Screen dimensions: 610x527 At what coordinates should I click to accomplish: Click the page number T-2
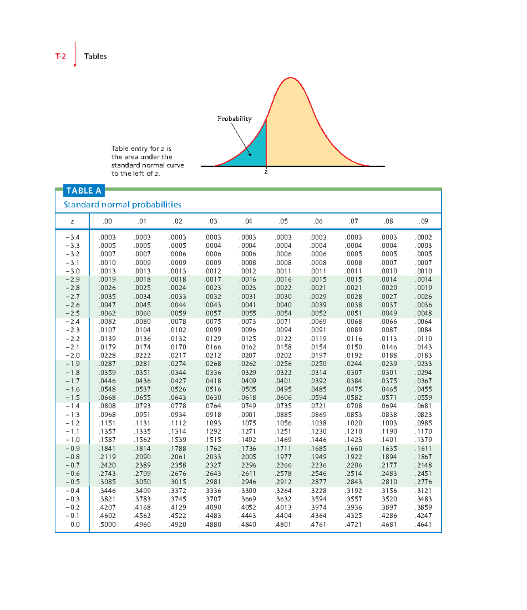(x=61, y=56)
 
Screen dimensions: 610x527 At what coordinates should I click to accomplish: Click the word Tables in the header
(x=95, y=56)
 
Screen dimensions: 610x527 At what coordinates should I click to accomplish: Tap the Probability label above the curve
(x=235, y=119)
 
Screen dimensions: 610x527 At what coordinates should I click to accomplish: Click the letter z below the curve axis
(x=266, y=172)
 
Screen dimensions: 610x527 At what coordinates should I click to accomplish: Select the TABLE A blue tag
(x=84, y=191)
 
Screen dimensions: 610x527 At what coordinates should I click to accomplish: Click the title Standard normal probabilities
(x=123, y=205)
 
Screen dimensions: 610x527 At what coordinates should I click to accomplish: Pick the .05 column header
(x=283, y=221)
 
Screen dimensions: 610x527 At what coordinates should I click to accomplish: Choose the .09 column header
(x=423, y=221)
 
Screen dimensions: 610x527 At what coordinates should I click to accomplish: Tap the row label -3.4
(x=72, y=237)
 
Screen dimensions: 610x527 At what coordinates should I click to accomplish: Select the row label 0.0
(x=75, y=524)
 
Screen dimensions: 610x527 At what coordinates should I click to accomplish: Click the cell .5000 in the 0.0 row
(x=108, y=524)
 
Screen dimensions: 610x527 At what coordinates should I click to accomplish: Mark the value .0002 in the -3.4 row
(x=424, y=237)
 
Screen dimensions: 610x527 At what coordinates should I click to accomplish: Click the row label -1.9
(x=72, y=364)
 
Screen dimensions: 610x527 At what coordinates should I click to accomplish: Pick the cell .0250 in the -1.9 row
(x=318, y=364)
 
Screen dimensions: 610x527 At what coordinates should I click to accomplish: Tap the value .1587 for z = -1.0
(x=108, y=440)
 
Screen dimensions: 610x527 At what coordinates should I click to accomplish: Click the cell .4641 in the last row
(x=424, y=524)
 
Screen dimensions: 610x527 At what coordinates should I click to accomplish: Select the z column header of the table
(x=72, y=222)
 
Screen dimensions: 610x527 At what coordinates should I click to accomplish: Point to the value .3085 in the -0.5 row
(x=108, y=482)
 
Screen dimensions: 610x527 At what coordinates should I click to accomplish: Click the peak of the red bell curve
(x=290, y=78)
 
